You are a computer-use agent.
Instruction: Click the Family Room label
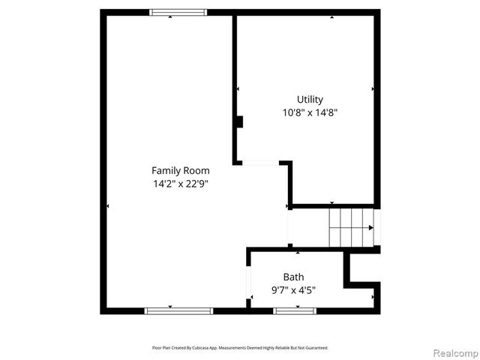coord(180,170)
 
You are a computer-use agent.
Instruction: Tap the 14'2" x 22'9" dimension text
coord(180,184)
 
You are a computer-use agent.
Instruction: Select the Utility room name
coord(310,99)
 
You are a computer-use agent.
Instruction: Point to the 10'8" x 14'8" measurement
coord(310,112)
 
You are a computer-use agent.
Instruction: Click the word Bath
coord(293,277)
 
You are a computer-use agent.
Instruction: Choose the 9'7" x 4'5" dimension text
coord(293,290)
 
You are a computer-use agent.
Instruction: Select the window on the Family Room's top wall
coord(178,12)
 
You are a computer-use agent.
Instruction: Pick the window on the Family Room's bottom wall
coord(178,310)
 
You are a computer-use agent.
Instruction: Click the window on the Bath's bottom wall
coord(295,310)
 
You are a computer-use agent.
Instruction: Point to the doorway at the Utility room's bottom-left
coord(260,162)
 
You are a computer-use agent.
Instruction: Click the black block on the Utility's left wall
coord(238,122)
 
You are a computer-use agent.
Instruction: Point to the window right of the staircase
coord(377,227)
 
